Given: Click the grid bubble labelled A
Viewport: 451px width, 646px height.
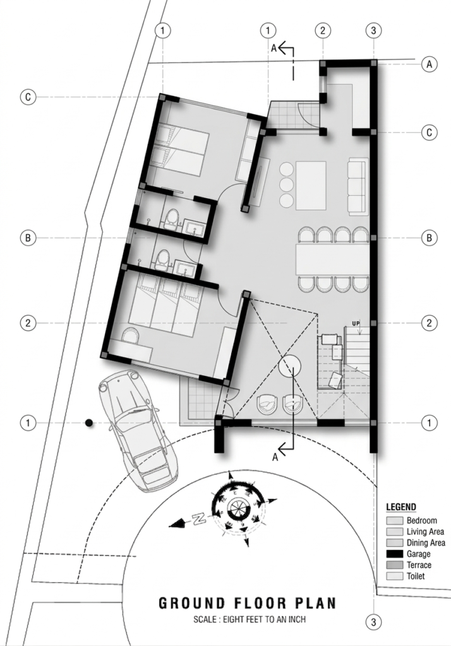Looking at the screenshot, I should (x=430, y=64).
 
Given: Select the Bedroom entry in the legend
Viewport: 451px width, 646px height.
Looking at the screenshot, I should (x=421, y=520).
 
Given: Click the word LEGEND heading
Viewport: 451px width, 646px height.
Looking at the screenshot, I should (x=400, y=507).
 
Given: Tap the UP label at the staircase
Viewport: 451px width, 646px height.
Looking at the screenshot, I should (x=356, y=324).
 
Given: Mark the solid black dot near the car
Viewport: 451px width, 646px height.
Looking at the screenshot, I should (x=90, y=422).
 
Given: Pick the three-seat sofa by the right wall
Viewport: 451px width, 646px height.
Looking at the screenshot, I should (x=358, y=185).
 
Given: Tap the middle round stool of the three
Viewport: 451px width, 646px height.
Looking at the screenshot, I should (x=286, y=185).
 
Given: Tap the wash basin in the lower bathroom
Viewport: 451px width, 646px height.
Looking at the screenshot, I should (x=185, y=269).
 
